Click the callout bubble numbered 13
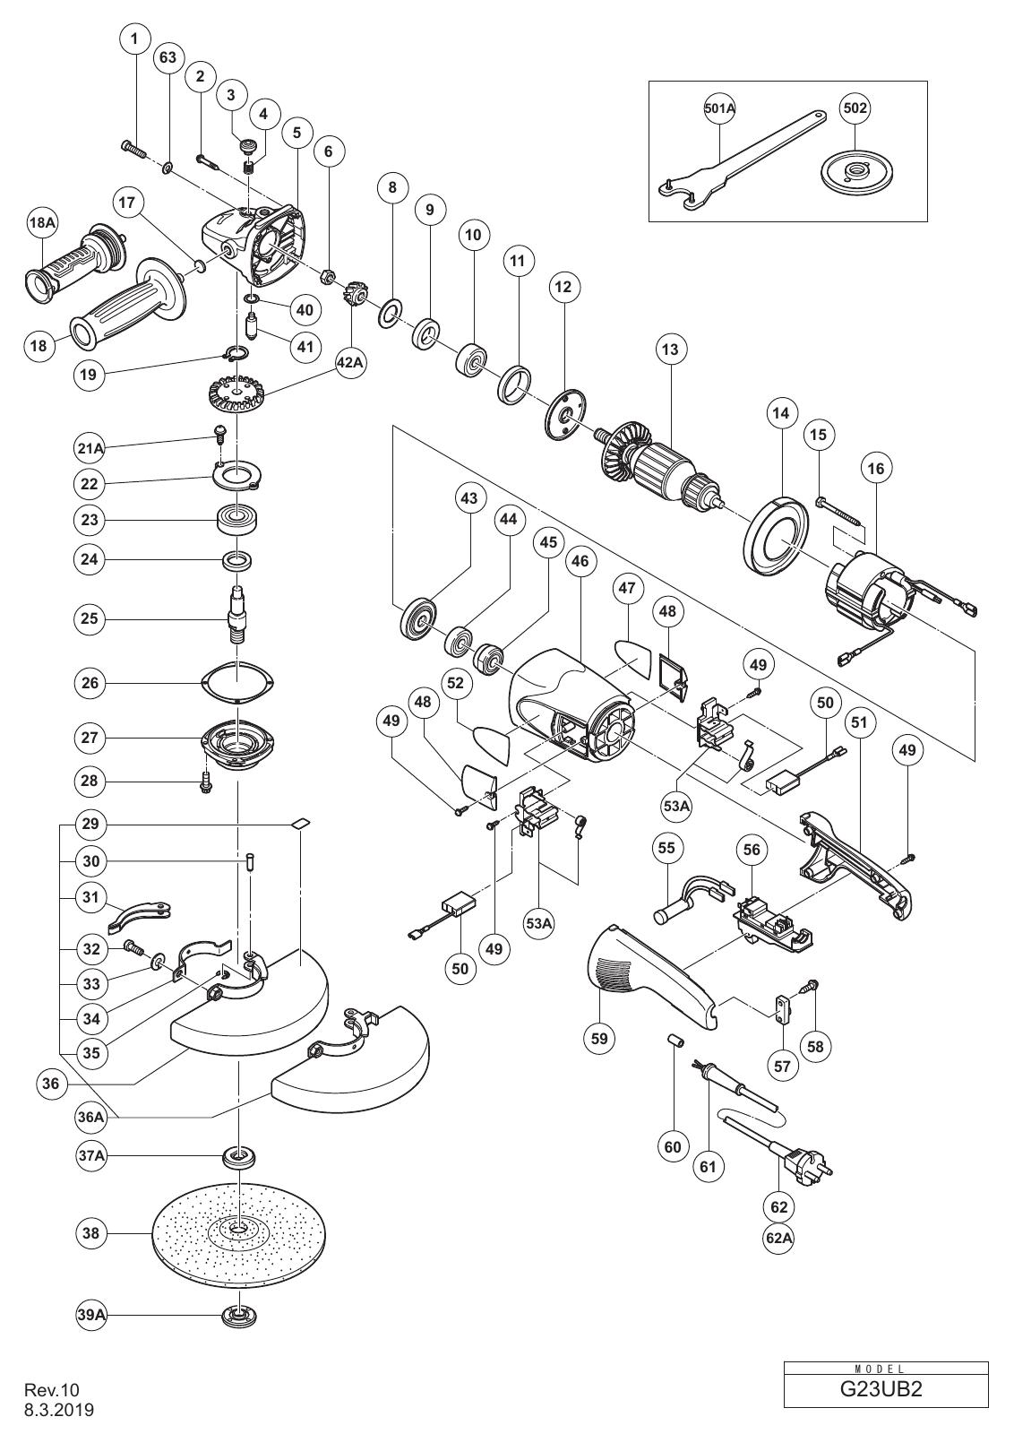point(670,350)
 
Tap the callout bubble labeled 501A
point(719,108)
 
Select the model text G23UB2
point(886,1388)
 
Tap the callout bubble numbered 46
point(580,561)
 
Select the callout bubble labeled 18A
point(43,223)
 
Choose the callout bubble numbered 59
point(599,1037)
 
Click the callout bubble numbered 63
point(168,57)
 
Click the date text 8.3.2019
point(59,1411)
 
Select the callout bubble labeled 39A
point(90,1314)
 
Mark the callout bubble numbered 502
point(855,108)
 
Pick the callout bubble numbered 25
point(90,619)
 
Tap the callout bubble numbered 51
point(859,722)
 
